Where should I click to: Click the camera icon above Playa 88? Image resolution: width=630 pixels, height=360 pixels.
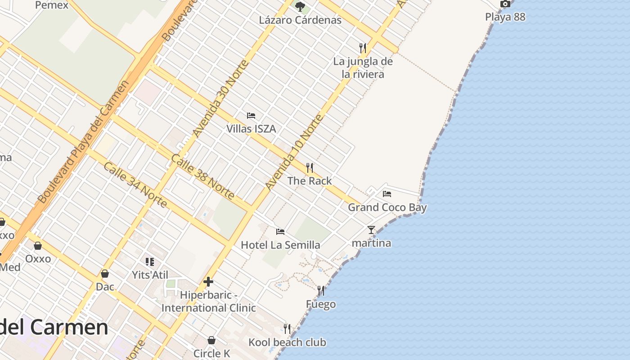tap(505, 4)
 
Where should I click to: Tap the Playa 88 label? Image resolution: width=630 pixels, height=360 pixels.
tap(505, 17)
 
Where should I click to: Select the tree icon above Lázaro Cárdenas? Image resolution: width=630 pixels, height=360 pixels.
tap(300, 7)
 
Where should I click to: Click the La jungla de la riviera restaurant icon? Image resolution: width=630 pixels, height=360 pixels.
tap(363, 48)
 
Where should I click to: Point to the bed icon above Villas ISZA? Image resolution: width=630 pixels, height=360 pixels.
tap(251, 116)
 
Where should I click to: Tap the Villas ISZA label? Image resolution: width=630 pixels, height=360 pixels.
tap(251, 129)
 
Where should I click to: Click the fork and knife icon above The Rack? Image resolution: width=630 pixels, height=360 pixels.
tap(310, 168)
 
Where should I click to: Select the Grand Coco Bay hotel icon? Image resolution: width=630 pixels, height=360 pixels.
tap(387, 194)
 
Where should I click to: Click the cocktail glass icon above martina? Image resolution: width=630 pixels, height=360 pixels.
tap(371, 230)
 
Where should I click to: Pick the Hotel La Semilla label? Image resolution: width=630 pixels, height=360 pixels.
tap(280, 245)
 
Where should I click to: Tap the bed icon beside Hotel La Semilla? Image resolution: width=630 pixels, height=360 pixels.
tap(280, 232)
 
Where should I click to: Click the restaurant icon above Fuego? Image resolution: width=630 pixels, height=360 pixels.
tap(321, 291)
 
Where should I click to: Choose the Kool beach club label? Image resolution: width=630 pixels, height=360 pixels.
tap(287, 342)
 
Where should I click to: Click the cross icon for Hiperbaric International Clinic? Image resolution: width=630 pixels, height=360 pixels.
tap(208, 282)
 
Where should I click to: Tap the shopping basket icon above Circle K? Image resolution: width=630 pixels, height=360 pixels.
tap(211, 340)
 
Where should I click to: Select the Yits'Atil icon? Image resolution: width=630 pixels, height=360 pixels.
tap(150, 261)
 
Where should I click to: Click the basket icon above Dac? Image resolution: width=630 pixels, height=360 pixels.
tap(105, 274)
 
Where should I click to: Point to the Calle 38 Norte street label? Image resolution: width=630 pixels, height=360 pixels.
tap(202, 177)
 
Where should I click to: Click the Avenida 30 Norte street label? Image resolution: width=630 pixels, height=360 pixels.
tap(220, 99)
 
